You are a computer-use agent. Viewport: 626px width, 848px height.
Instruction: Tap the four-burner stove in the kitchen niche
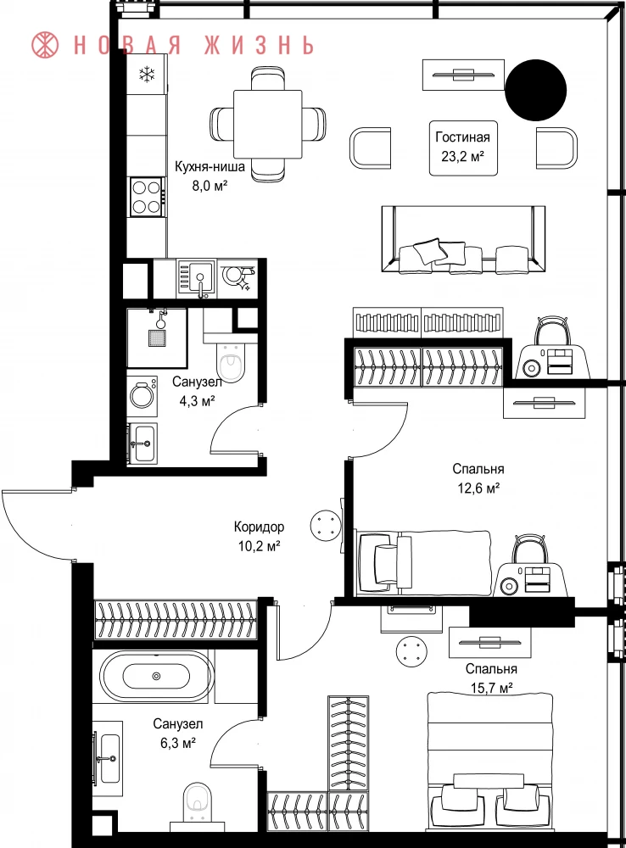tap(147, 197)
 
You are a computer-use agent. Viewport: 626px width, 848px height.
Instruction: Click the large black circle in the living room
tap(535, 90)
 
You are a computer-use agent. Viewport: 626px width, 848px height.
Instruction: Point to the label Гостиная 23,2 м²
tap(462, 147)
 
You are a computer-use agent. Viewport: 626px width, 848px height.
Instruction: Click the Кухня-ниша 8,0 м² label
tap(210, 176)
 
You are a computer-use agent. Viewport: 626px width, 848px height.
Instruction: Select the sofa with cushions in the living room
tap(463, 239)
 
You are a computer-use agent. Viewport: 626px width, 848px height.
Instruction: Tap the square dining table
tap(268, 124)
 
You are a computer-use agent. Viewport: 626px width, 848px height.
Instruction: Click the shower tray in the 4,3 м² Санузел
tap(157, 338)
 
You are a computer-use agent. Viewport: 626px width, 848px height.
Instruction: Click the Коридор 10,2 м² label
tap(259, 536)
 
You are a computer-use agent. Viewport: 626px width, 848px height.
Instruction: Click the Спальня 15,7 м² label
tap(491, 678)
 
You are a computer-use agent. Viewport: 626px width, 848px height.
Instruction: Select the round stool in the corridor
tap(327, 525)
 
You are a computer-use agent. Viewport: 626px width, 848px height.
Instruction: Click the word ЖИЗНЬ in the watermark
tap(260, 45)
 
